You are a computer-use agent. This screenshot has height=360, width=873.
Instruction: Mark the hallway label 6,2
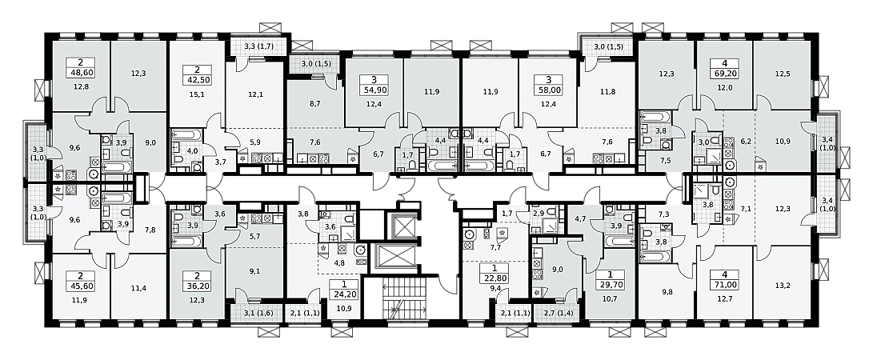coord(746,142)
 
